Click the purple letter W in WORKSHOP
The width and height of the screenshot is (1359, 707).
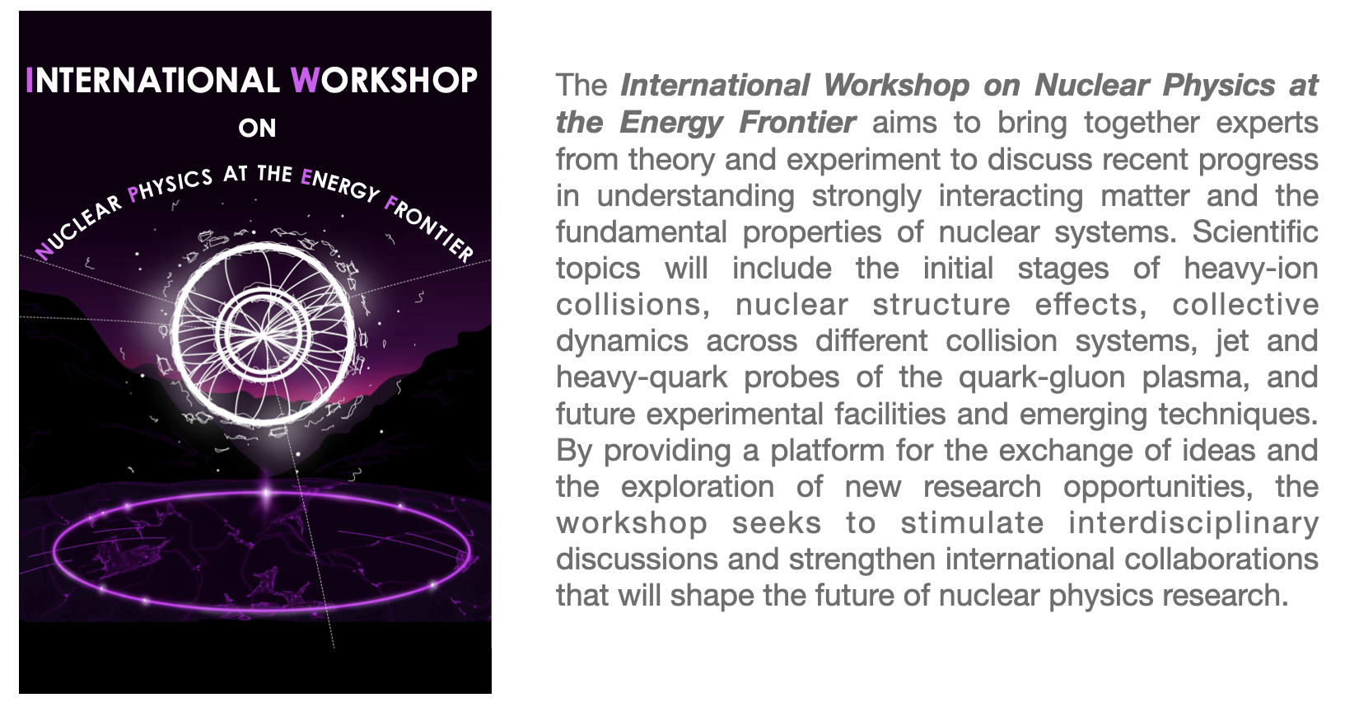coord(305,81)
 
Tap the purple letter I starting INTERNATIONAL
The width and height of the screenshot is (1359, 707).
coord(29,81)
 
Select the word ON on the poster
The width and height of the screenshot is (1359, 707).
coord(257,128)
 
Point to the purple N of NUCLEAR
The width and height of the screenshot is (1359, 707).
coord(44,250)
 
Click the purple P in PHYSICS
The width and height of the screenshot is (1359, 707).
coord(133,194)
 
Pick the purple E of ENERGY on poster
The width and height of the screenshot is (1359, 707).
coord(306,176)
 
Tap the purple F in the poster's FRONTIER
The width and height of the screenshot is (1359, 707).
coord(391,204)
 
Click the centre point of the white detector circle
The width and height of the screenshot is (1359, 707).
coord(263,334)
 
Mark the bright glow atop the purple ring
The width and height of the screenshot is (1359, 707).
coord(266,493)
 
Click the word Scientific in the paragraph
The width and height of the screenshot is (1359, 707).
coord(1254,232)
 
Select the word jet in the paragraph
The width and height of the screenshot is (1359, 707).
coord(1232,342)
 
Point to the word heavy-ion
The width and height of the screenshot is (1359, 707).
coord(1251,269)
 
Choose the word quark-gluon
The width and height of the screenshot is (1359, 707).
coord(1042,378)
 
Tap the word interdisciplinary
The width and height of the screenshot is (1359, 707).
coord(1193,523)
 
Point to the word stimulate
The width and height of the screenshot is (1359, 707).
coord(972,523)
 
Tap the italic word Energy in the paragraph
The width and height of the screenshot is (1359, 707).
coord(671,124)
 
